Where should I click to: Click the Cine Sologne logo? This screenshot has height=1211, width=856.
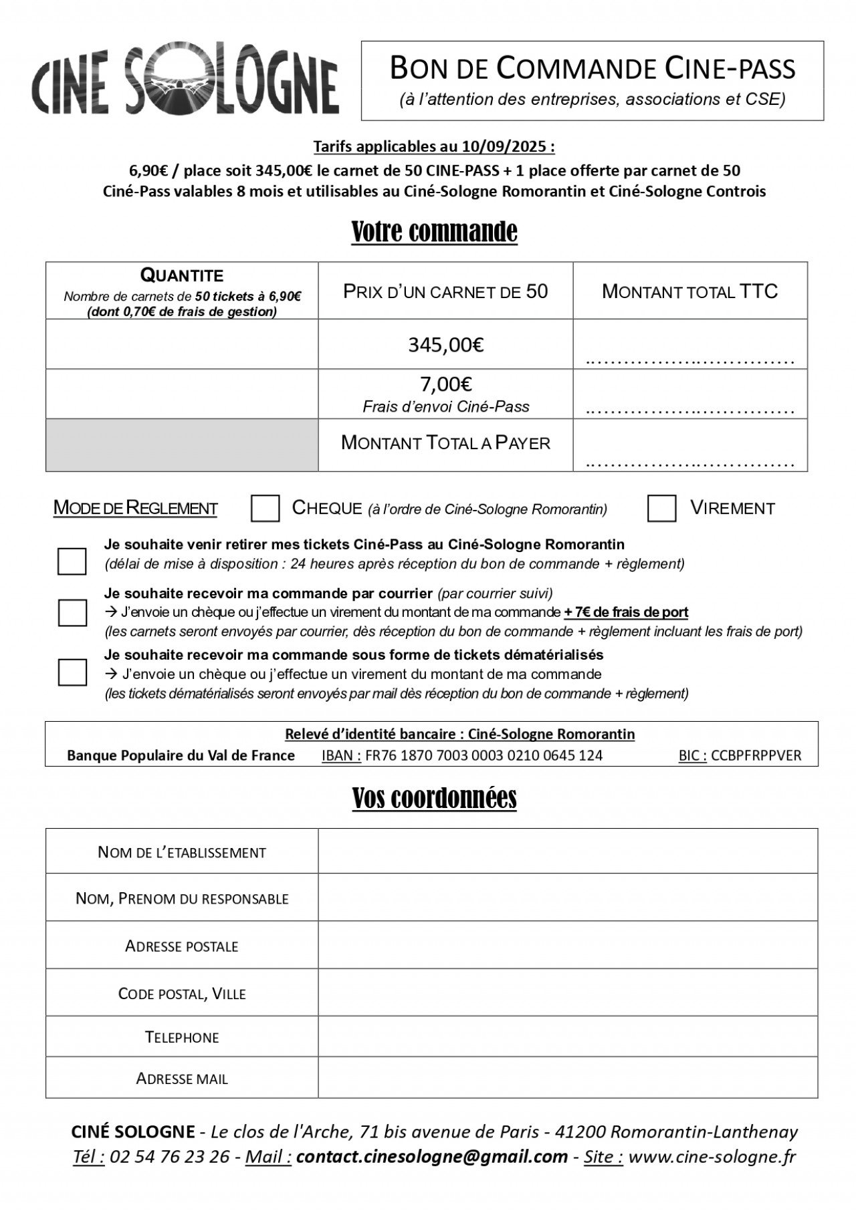(x=185, y=82)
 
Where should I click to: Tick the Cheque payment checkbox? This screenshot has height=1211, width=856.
(x=265, y=509)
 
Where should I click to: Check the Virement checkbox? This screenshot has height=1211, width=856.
(x=661, y=509)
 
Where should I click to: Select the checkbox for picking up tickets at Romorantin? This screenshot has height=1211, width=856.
(x=72, y=561)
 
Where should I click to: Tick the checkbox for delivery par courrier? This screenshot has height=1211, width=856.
(x=72, y=613)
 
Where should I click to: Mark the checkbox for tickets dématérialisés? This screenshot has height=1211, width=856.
(x=72, y=672)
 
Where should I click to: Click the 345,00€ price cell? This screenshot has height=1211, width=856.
(x=446, y=345)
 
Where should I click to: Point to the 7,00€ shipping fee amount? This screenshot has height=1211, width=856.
(x=446, y=384)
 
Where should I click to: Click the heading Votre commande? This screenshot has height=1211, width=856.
(x=434, y=232)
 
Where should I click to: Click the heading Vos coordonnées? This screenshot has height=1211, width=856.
(x=434, y=797)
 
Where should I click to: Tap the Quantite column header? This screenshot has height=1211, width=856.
(x=182, y=275)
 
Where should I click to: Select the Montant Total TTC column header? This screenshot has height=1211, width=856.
(x=689, y=291)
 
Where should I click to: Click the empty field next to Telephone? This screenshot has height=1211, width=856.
(x=567, y=1037)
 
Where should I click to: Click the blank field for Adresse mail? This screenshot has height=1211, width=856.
(x=567, y=1078)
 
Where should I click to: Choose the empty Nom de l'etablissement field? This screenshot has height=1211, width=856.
(x=567, y=851)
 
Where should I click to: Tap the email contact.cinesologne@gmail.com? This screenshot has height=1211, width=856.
(x=431, y=1157)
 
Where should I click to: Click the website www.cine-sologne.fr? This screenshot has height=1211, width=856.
(x=712, y=1157)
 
